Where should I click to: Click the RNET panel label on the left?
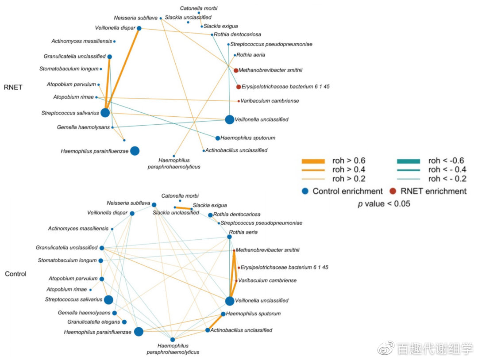tap(13, 88)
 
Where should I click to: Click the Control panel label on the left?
tap(15, 274)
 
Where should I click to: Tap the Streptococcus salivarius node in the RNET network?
tap(105, 113)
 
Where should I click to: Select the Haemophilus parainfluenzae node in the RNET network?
tap(135, 151)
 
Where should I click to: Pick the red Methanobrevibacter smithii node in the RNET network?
tap(236, 70)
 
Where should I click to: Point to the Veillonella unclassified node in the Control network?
tap(229, 301)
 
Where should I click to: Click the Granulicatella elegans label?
tap(94, 322)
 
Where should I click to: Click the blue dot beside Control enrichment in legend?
tap(305, 191)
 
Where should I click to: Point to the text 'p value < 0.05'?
tap(384, 204)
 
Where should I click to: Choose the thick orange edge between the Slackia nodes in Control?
tap(183, 208)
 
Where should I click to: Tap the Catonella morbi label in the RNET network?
tap(199, 8)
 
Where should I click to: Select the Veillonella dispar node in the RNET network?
tap(139, 28)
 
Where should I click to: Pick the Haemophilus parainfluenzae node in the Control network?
tap(139, 332)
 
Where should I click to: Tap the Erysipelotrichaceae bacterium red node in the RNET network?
tap(239, 87)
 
